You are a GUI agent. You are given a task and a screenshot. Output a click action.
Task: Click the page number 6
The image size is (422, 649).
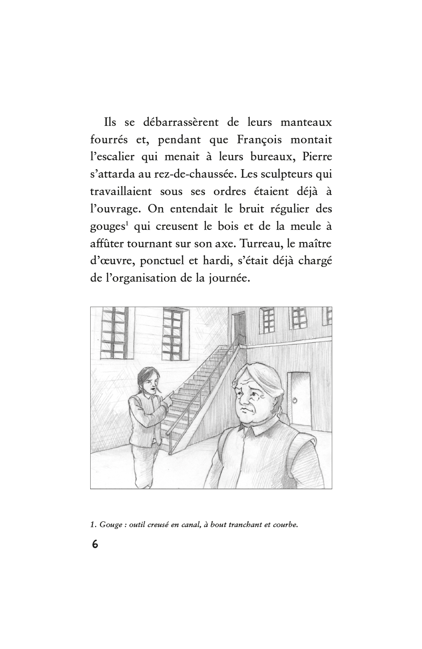(x=95, y=545)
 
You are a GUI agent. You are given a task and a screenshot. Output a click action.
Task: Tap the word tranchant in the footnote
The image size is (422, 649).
(x=246, y=524)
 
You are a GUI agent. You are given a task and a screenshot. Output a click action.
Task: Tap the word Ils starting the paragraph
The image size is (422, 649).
(x=110, y=122)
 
